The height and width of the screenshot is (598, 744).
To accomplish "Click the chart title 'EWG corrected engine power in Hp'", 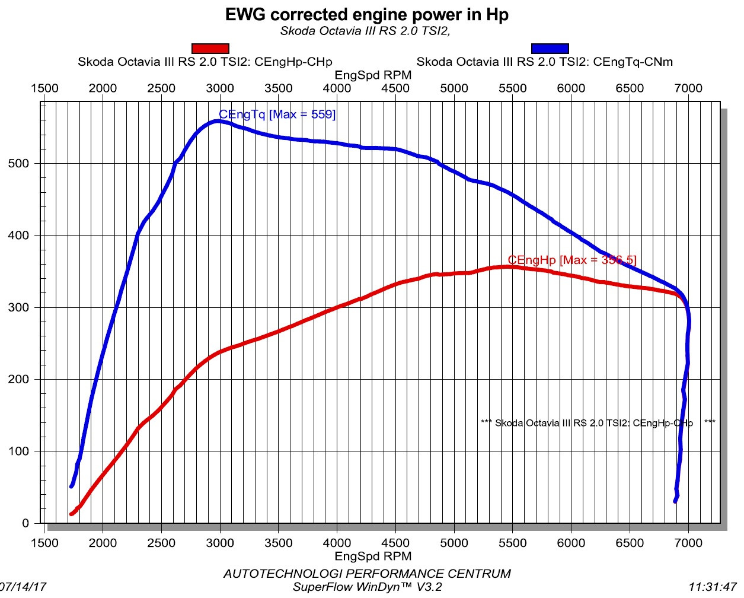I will pos(366,14).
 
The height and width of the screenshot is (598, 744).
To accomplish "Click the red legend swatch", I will pos(210,49).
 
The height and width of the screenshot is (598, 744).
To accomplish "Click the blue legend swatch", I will pos(550,49).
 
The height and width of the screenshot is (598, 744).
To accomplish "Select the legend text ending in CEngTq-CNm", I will pos(544,62).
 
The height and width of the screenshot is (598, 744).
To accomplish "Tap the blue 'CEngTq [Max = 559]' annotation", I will pos(277,114).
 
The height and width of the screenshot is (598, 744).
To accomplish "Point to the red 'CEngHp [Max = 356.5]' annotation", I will pos(571,260).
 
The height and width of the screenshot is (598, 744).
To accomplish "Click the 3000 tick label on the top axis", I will pos(220,88).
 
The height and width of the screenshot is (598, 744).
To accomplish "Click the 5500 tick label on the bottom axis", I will pos(512,543).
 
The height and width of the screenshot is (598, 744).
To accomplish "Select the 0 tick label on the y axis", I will pos(25,523).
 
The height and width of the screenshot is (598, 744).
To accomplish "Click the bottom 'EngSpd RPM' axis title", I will pos(373,556).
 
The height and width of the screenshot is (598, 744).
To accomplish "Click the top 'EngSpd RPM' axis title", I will pos(373,75).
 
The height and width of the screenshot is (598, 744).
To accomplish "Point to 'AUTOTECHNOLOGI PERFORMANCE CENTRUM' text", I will pos(366,574).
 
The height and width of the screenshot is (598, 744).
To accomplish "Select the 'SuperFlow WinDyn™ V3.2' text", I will pos(367,587).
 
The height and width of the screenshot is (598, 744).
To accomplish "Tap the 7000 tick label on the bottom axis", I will pos(688,543).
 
